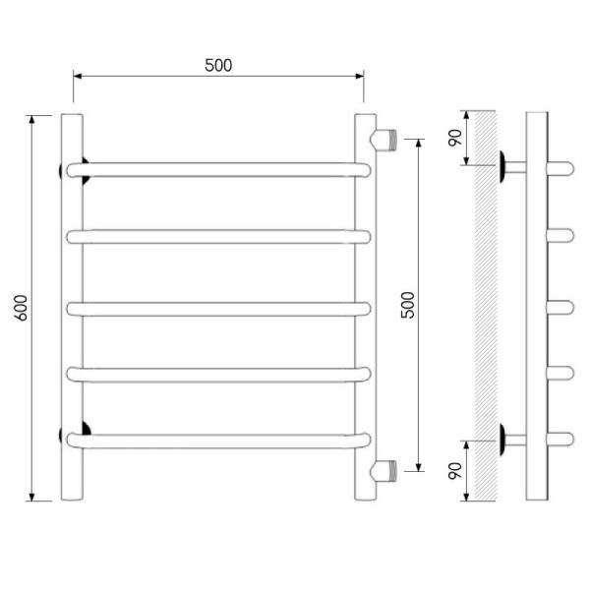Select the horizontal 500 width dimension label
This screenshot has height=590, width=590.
click(x=218, y=66)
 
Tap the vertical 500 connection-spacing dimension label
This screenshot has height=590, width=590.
click(x=407, y=305)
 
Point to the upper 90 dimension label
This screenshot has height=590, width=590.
click(x=455, y=138)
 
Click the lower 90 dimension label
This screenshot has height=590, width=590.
click(x=455, y=471)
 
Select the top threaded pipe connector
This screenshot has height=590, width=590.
click(x=383, y=140)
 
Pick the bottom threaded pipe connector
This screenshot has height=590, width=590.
click(x=383, y=471)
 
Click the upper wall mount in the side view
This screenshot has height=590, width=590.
click(x=512, y=167)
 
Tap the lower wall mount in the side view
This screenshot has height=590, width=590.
click(x=512, y=440)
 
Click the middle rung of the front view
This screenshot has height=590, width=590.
click(x=218, y=309)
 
